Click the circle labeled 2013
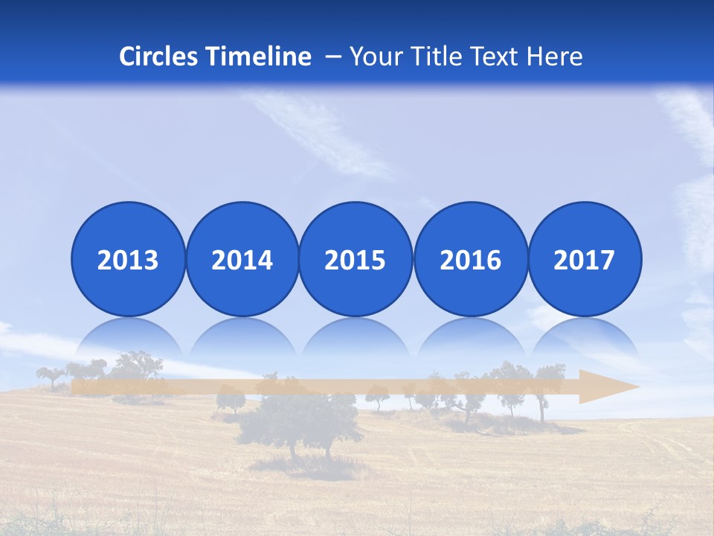tap(128, 260)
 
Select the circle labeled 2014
tap(242, 260)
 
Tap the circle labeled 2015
tap(356, 260)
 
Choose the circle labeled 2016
tap(470, 260)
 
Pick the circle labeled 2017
tap(585, 260)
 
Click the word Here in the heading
tap(555, 57)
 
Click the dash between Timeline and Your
tap(333, 57)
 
